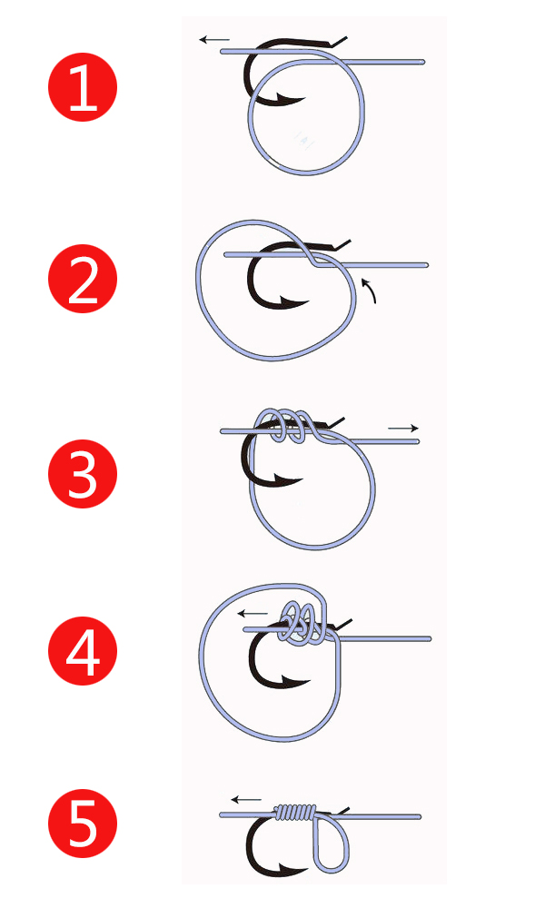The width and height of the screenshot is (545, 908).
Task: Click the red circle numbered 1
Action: click(83, 87)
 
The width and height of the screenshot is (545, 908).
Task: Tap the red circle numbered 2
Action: click(83, 279)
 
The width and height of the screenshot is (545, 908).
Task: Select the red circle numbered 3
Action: click(83, 474)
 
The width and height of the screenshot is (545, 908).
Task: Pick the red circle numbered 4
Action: click(83, 650)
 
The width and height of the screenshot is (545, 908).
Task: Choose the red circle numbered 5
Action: click(83, 824)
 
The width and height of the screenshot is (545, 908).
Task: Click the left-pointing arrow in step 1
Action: click(214, 40)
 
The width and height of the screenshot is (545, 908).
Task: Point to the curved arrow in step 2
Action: click(370, 291)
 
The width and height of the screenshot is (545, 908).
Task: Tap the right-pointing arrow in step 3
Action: click(403, 429)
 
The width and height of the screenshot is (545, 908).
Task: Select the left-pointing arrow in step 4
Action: click(253, 613)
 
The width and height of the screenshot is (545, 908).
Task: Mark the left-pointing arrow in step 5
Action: click(246, 800)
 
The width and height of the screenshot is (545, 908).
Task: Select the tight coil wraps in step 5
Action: click(295, 813)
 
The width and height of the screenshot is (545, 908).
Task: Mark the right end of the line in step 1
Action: click(424, 62)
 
